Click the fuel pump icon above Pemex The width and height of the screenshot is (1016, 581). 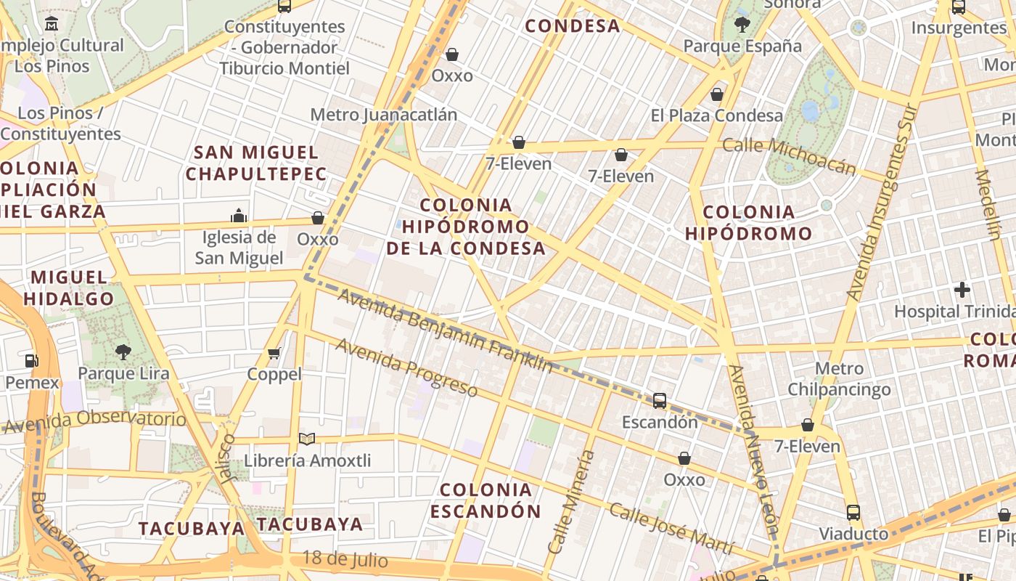point(31,360)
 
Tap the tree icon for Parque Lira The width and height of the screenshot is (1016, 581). point(123,352)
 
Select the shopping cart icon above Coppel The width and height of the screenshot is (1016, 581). point(274,354)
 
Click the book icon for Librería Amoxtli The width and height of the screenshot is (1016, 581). point(307,439)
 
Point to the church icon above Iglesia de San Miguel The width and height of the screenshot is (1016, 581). point(239,216)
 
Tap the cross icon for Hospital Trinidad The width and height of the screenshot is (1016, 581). point(962,290)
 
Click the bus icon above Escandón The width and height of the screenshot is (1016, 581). point(660,400)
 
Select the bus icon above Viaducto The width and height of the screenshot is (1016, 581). point(853,512)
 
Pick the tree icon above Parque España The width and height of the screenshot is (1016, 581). point(742,25)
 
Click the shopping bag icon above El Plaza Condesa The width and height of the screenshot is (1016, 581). point(717,94)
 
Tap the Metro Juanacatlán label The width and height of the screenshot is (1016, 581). point(384,115)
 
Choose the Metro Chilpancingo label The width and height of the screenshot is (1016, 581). point(840,379)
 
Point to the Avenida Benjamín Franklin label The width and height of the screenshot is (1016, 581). point(445,330)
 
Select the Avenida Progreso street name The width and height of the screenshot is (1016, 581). point(406,368)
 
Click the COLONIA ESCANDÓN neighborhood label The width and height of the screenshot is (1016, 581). point(486,500)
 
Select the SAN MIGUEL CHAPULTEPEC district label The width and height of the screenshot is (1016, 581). point(257,163)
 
